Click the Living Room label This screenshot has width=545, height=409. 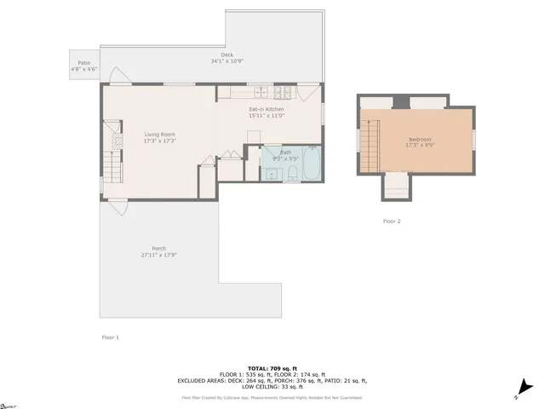159,135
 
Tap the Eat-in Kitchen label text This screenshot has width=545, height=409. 267,110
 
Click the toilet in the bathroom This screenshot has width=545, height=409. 290,174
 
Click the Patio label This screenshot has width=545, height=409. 83,62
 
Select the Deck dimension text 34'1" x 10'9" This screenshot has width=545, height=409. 227,62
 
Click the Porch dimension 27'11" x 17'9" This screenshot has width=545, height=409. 158,255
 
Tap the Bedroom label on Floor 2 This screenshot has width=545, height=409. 420,140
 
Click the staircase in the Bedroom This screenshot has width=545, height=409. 369,145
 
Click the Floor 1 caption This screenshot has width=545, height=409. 111,337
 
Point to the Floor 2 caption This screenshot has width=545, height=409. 391,221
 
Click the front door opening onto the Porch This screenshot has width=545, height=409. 117,204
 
